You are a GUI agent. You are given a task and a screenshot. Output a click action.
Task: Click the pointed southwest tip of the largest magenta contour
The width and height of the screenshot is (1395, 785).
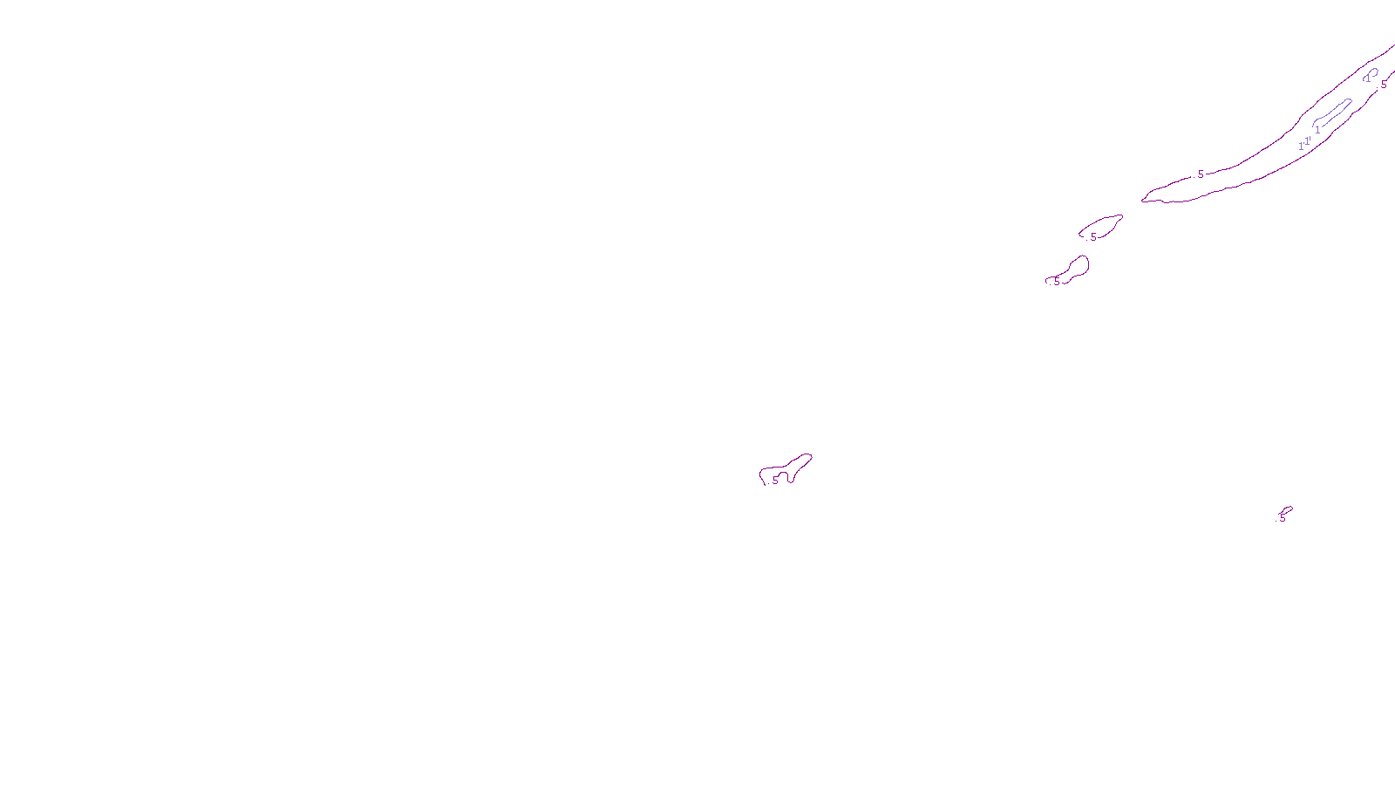1143,201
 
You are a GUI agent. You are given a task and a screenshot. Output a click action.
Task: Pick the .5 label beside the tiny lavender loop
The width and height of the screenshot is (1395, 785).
1383,85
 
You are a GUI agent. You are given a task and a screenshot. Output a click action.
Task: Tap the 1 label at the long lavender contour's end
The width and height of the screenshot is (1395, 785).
1317,130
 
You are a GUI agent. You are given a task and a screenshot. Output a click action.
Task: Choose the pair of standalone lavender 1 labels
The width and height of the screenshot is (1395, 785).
1304,143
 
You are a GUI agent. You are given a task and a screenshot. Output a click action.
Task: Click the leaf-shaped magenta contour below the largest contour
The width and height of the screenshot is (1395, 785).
1104,224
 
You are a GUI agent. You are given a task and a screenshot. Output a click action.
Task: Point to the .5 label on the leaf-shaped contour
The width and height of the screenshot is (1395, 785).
1092,236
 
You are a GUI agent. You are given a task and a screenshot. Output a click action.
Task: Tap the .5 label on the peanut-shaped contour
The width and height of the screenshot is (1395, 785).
1056,282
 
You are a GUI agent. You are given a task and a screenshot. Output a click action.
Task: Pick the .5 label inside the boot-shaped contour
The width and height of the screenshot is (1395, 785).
774,480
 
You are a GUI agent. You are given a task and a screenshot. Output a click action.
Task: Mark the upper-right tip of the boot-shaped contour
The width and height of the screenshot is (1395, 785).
810,455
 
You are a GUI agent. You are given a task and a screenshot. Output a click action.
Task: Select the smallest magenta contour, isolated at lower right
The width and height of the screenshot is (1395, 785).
1286,510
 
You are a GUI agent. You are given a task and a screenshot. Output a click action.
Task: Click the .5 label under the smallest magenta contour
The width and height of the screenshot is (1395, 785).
1282,518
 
